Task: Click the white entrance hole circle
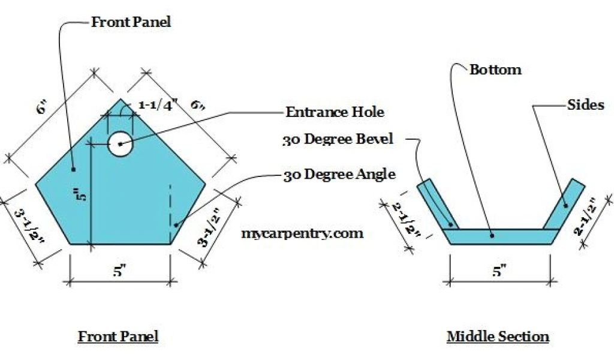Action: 120,143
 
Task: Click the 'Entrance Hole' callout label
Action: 335,112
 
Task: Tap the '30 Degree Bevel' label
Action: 338,139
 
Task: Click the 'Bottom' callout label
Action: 495,70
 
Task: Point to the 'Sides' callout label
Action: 585,104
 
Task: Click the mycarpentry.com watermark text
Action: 302,233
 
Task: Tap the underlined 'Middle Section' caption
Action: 498,336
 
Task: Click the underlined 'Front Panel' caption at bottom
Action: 118,336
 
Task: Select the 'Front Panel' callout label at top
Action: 131,22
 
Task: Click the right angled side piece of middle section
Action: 565,204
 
